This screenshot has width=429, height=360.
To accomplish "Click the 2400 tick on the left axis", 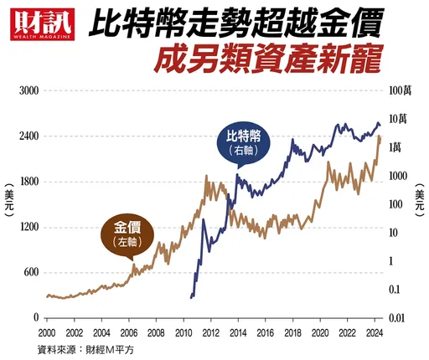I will pos(29,136).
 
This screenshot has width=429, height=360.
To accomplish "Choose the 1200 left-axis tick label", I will pos(29,227).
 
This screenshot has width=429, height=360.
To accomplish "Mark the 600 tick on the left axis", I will pos(31,272).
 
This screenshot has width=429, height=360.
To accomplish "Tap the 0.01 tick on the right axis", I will pos(401,318).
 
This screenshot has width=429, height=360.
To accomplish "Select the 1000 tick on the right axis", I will pos(400,176).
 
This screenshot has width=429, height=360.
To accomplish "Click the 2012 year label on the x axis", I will pos(209,333).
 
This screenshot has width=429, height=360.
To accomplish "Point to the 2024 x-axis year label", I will pos(375,333).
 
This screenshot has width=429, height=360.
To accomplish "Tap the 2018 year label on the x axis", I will pos(292,333).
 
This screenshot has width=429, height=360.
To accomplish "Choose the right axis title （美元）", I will pos(420,205).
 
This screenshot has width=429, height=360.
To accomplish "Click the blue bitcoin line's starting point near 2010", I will pos(191,297).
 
